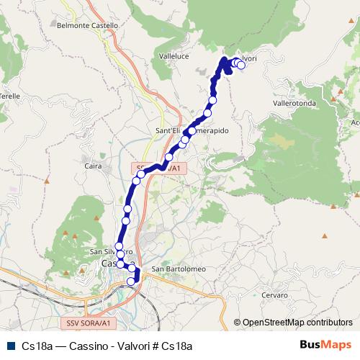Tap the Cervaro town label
274,295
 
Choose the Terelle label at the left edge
9,96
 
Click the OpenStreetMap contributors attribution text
298,323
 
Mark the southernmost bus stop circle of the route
131,282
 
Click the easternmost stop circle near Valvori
241,66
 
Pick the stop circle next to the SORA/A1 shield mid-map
142,174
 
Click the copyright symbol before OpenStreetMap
238,323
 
